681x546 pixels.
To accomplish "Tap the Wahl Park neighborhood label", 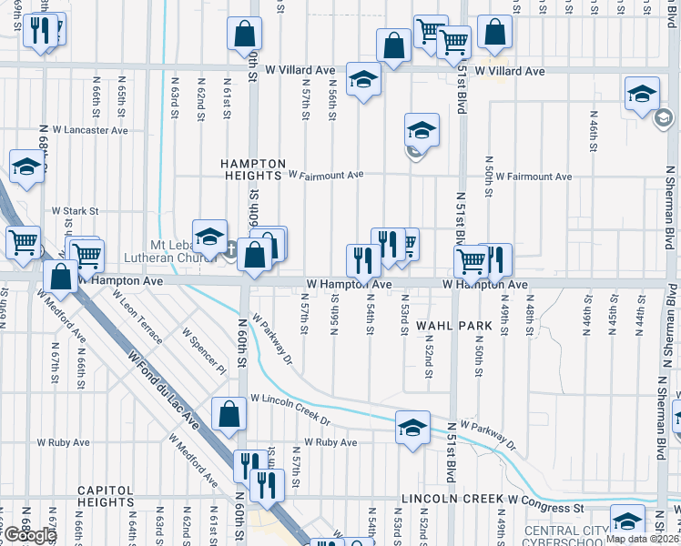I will pyautogui.click(x=446, y=325).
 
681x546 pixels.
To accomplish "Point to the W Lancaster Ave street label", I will pyautogui.click(x=94, y=130).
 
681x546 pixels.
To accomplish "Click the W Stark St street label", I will pyautogui.click(x=75, y=211).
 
